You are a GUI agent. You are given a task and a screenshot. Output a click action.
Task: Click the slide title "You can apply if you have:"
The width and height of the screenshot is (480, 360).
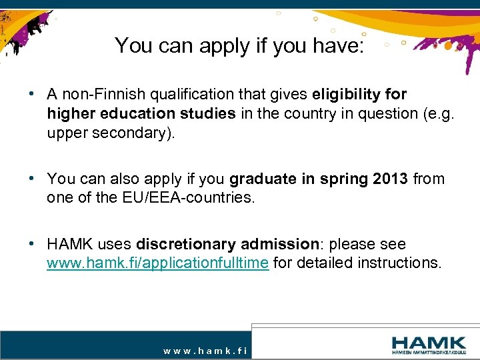point(239,45)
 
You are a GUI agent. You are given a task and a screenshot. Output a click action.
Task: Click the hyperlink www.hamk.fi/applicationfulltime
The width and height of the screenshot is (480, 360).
point(158,263)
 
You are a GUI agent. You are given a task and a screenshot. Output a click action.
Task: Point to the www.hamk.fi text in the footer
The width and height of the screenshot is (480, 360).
point(205,350)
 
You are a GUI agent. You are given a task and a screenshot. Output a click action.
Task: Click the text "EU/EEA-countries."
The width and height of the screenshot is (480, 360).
point(199,197)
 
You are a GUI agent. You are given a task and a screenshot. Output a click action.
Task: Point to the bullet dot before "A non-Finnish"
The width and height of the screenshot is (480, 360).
point(32,94)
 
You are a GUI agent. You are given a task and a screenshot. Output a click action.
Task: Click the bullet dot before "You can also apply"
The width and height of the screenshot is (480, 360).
point(32,178)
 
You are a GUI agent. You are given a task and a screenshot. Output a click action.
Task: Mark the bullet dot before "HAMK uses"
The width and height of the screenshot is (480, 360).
point(32,243)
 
